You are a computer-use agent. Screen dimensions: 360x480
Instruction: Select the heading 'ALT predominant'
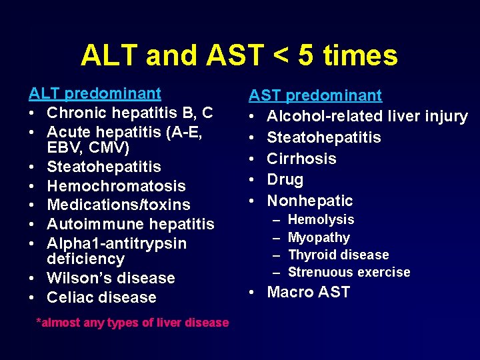[95, 94]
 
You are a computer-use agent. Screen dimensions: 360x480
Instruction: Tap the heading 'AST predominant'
[315, 96]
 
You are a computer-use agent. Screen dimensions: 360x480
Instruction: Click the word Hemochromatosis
[116, 186]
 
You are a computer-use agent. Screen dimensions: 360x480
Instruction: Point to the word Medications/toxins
[119, 205]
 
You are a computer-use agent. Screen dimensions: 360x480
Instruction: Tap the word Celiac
[69, 297]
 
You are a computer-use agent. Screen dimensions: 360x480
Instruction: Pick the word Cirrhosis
[301, 159]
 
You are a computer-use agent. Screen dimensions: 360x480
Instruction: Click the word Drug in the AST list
[285, 179]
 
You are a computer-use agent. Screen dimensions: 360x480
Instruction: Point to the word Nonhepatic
[310, 201]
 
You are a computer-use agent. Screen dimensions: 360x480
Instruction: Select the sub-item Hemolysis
[321, 219]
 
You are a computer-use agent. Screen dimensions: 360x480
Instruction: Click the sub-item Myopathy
[319, 237]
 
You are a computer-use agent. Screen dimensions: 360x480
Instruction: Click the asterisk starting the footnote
[38, 321]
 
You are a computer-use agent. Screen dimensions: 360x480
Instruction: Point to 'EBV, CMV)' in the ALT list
[88, 146]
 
